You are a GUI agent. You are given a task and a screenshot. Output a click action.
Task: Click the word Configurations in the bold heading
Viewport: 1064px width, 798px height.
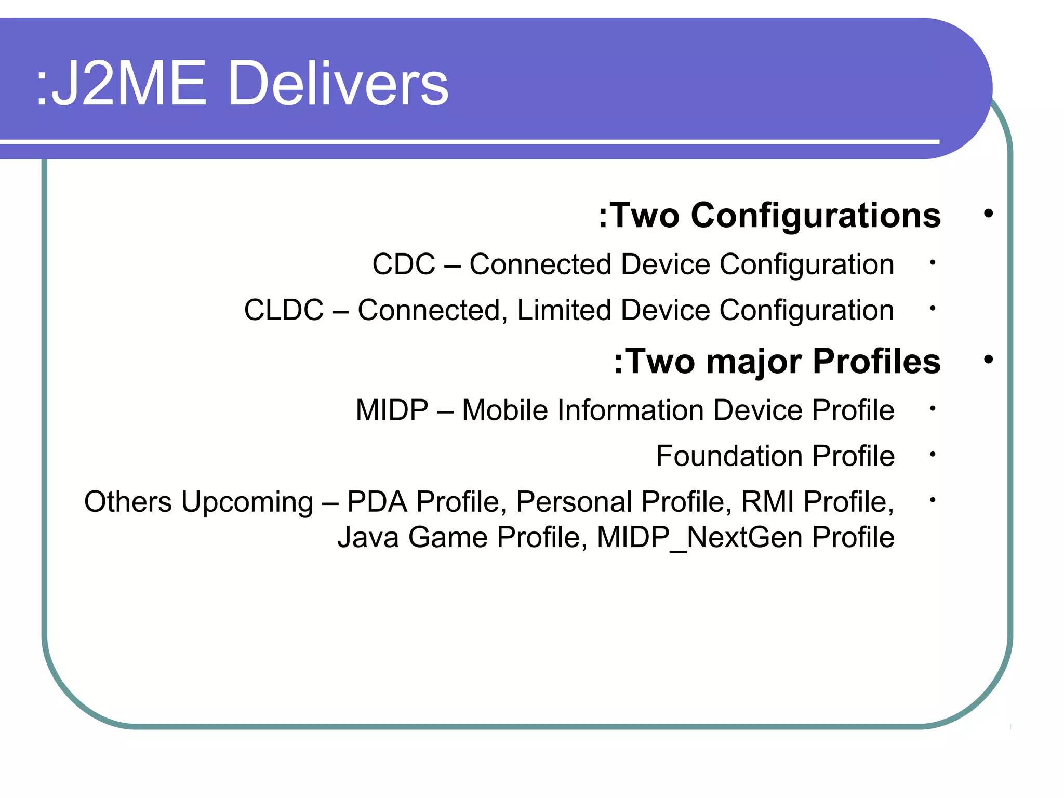(815, 216)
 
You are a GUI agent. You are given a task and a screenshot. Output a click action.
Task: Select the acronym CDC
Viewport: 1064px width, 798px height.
(404, 264)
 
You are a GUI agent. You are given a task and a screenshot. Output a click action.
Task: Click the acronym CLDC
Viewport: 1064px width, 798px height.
(284, 310)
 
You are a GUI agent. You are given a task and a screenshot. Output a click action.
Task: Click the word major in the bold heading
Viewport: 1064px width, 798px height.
(753, 362)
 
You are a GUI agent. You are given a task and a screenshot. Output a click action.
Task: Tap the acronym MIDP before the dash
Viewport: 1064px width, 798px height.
(392, 410)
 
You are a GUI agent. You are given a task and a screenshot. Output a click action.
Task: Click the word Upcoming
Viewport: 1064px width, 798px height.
(247, 502)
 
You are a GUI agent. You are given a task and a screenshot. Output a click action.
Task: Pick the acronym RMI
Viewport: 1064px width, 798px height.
(768, 502)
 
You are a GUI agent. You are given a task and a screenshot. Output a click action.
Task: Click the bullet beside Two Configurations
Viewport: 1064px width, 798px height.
(988, 214)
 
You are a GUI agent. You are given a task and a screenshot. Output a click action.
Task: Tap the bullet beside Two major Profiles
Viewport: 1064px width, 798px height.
(988, 360)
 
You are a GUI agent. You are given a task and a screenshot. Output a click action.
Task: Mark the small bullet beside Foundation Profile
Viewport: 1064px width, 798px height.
(933, 455)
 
